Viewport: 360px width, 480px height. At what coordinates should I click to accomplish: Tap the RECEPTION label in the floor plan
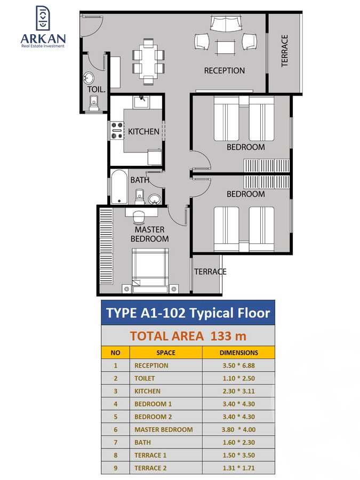pyautogui.click(x=225, y=70)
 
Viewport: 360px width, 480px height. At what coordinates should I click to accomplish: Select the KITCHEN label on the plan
pyautogui.click(x=143, y=131)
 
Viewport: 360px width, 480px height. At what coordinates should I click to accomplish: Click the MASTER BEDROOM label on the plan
pyautogui.click(x=150, y=234)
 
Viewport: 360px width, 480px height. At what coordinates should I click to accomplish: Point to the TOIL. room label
pyautogui.click(x=97, y=90)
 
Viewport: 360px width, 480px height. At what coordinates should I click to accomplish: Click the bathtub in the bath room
pyautogui.click(x=119, y=187)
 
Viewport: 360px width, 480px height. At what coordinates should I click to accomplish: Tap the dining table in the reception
pyautogui.click(x=148, y=61)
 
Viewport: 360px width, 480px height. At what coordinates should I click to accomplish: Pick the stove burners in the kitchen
pyautogui.click(x=117, y=131)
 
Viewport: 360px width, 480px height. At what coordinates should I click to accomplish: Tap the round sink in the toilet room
pyautogui.click(x=89, y=78)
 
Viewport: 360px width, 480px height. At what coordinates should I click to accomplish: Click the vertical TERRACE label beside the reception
pyautogui.click(x=285, y=51)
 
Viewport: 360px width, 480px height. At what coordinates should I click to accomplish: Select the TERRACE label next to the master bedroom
pyautogui.click(x=210, y=271)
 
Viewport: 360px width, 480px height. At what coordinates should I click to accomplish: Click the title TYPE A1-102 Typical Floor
pyautogui.click(x=188, y=313)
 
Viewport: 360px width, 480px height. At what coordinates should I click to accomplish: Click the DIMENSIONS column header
pyautogui.click(x=238, y=353)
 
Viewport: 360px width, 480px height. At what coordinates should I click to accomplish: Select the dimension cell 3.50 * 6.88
pyautogui.click(x=238, y=365)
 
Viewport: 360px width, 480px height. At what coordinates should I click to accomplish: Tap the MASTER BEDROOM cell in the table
pyautogui.click(x=164, y=429)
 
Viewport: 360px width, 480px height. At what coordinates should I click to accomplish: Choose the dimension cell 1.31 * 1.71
pyautogui.click(x=238, y=468)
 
